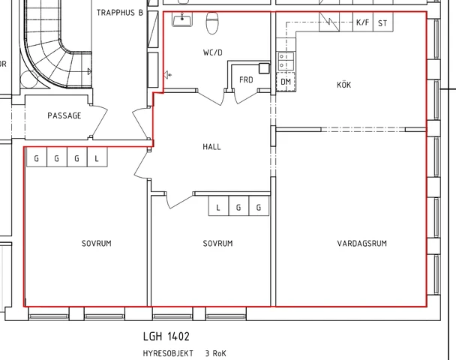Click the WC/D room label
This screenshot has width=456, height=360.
212,52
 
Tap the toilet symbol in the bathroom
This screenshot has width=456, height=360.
212,23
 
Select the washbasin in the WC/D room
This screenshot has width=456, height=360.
182,19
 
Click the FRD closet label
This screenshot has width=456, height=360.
246,79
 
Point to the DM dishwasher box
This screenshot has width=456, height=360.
286,82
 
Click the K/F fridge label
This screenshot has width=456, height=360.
363,22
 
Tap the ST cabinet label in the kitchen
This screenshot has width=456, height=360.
382,23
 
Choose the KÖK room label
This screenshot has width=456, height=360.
343,85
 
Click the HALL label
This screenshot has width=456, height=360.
211,147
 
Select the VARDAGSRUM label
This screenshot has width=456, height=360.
362,244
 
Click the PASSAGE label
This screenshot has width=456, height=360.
64,115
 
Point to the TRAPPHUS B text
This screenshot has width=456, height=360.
120,13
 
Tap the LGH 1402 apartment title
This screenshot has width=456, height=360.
166,337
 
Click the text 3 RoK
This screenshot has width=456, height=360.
215,353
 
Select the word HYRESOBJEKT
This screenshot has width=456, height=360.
168,353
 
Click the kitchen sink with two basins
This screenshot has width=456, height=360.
286,61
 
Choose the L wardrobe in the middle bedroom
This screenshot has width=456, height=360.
219,206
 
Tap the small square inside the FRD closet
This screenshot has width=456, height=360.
264,69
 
